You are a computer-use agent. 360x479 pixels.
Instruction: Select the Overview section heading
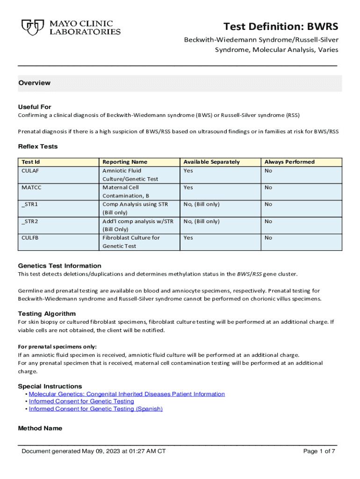[35, 83]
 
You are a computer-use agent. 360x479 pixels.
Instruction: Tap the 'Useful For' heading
[35, 107]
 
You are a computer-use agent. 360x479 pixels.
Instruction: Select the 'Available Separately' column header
[211, 162]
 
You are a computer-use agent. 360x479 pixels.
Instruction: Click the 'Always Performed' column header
[289, 162]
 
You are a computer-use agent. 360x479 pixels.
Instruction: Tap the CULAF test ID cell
[30, 171]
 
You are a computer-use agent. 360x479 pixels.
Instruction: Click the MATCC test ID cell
[32, 188]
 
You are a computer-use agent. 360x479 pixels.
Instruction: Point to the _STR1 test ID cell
[30, 204]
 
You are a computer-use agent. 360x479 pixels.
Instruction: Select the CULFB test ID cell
[30, 238]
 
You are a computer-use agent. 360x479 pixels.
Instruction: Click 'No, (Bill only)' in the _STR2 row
[202, 221]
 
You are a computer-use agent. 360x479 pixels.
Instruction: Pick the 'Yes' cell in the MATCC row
[188, 188]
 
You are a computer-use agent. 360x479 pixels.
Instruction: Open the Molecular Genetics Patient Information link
[127, 394]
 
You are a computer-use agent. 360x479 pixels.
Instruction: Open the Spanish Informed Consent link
[96, 409]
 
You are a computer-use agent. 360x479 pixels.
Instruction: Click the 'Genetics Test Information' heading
[59, 266]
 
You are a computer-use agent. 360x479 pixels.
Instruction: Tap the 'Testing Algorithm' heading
[47, 313]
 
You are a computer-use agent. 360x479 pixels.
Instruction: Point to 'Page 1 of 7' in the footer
[319, 451]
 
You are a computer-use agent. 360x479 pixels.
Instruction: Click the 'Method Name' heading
[40, 428]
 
